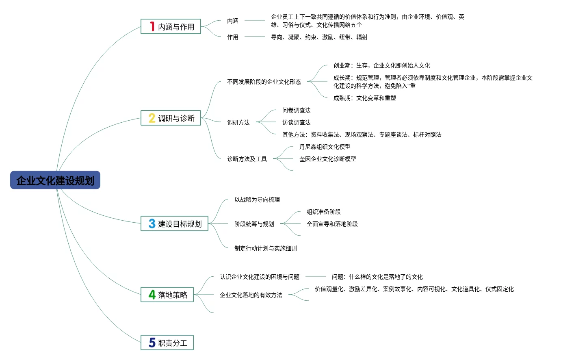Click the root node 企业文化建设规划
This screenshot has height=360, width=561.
55,180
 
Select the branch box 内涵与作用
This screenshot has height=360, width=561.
171,27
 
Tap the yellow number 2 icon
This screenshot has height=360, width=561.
152,118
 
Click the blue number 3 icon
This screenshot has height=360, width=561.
152,224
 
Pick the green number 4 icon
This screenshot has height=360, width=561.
152,295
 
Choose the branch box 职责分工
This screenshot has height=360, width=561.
167,343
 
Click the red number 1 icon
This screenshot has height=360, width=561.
152,27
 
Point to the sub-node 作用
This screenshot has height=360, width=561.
233,37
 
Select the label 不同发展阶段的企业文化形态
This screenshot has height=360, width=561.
264,82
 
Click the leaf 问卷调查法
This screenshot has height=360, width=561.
297,110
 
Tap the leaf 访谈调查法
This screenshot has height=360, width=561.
297,122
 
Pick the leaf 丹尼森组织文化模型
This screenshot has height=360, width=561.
325,147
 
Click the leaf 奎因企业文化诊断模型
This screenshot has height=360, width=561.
328,159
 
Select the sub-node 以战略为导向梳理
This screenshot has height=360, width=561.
257,200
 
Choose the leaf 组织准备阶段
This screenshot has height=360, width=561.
324,212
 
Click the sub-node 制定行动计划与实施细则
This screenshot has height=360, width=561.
266,248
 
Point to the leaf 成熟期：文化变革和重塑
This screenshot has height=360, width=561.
365,98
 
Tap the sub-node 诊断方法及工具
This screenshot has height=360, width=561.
247,159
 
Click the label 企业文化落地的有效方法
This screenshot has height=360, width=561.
251,295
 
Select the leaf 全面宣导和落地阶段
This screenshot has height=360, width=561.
332,224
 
